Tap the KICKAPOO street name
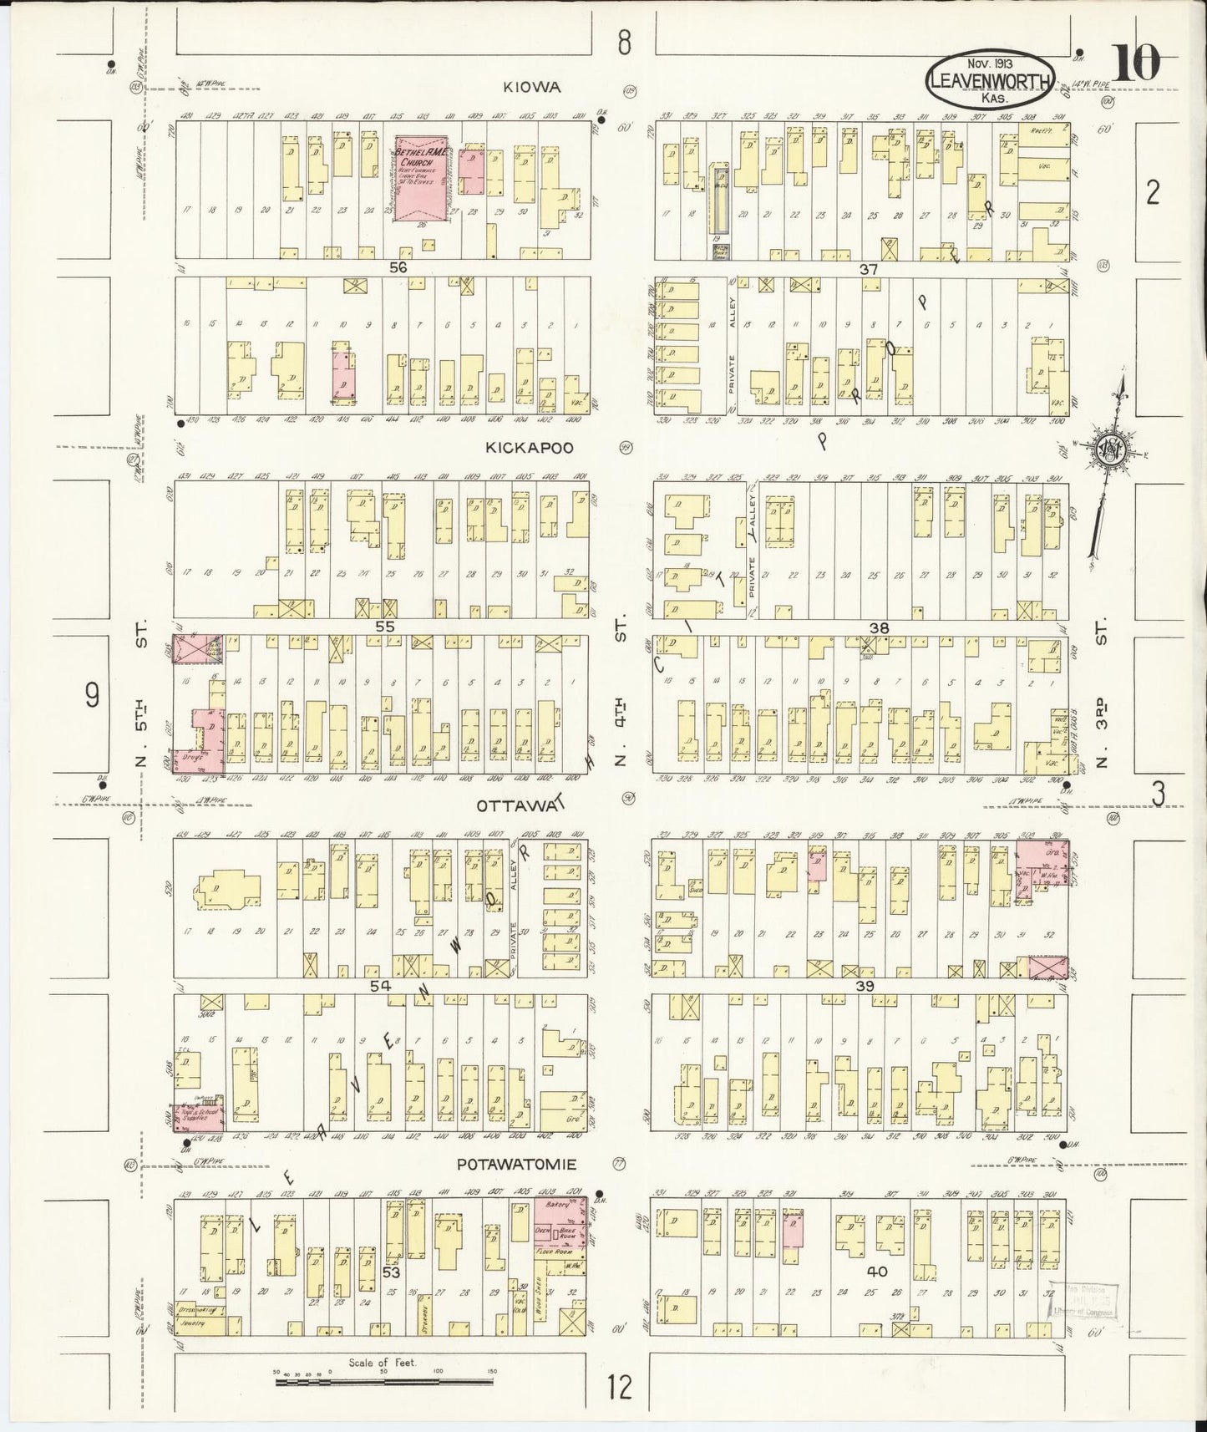pos(530,448)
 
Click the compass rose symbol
pos(1112,449)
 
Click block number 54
pos(380,987)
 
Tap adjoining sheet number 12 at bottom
pos(619,1388)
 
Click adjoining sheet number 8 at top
pos(623,43)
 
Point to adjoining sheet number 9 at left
pos(92,694)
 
